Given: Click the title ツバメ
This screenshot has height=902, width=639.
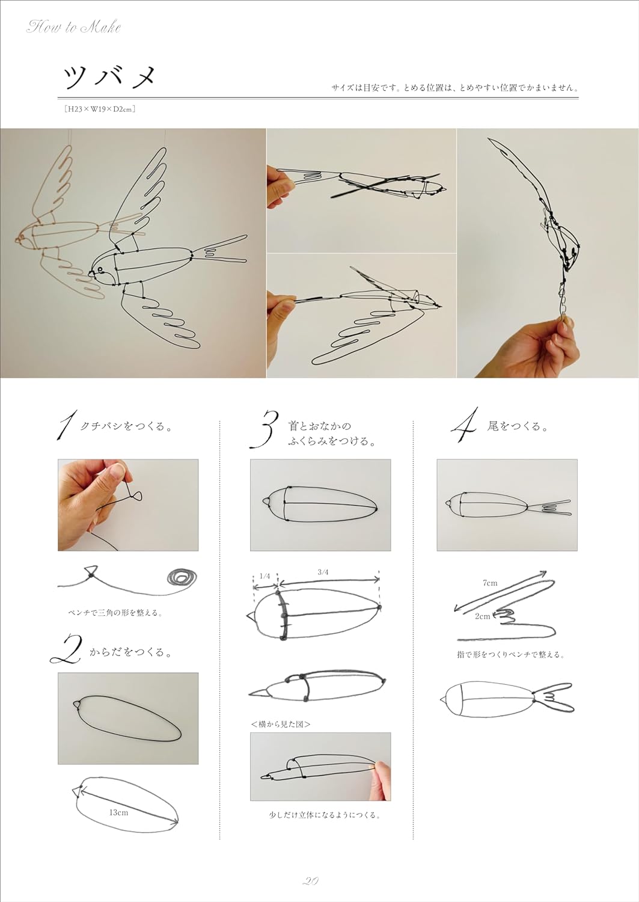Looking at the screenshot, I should [x=110, y=78].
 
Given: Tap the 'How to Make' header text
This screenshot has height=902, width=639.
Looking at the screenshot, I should [x=73, y=27].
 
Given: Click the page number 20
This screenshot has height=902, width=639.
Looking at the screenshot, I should [x=310, y=881].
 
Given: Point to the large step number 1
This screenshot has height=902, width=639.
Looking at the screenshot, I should [x=66, y=426].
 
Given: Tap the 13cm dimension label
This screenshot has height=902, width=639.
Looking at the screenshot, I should [x=118, y=812].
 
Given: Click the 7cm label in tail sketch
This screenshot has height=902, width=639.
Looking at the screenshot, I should [x=490, y=583].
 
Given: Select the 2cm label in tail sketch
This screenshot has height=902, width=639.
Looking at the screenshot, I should [x=482, y=616].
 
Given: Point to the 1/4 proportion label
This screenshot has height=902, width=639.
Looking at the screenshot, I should [x=264, y=575].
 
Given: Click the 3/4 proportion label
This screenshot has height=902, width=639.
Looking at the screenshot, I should [x=323, y=572].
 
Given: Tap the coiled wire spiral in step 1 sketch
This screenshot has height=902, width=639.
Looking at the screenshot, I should [x=182, y=577].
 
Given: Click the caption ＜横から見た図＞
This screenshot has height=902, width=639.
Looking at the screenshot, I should [x=281, y=724].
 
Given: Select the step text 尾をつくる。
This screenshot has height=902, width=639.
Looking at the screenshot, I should [x=518, y=426].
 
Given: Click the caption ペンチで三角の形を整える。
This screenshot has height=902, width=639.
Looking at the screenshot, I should [x=115, y=613].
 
